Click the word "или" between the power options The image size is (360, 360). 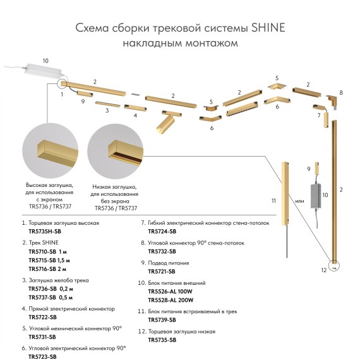pyautogui.click(x=300, y=201)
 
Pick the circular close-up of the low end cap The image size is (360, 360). pyautogui.click(x=115, y=152)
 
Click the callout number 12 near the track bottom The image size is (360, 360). pyautogui.click(x=323, y=270)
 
